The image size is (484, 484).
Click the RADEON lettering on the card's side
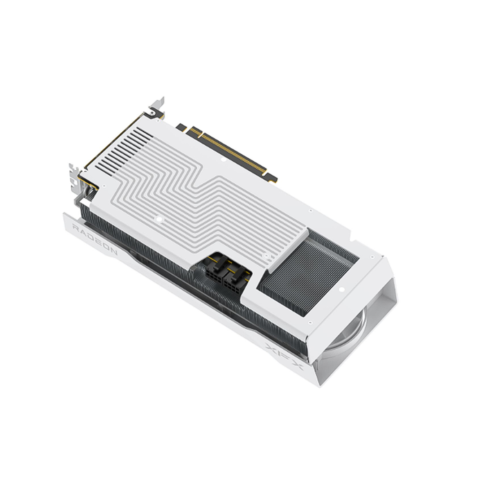tap(95, 239)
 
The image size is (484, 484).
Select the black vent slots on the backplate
tap(124, 151)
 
